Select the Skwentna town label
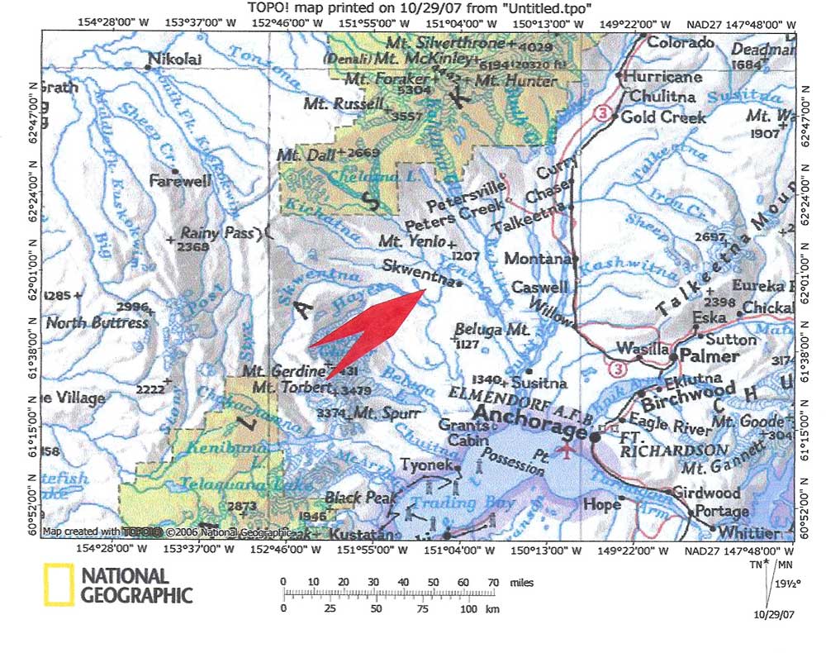[418, 267]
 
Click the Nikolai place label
[177, 60]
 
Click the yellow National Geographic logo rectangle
[57, 584]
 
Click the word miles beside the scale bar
[522, 583]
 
